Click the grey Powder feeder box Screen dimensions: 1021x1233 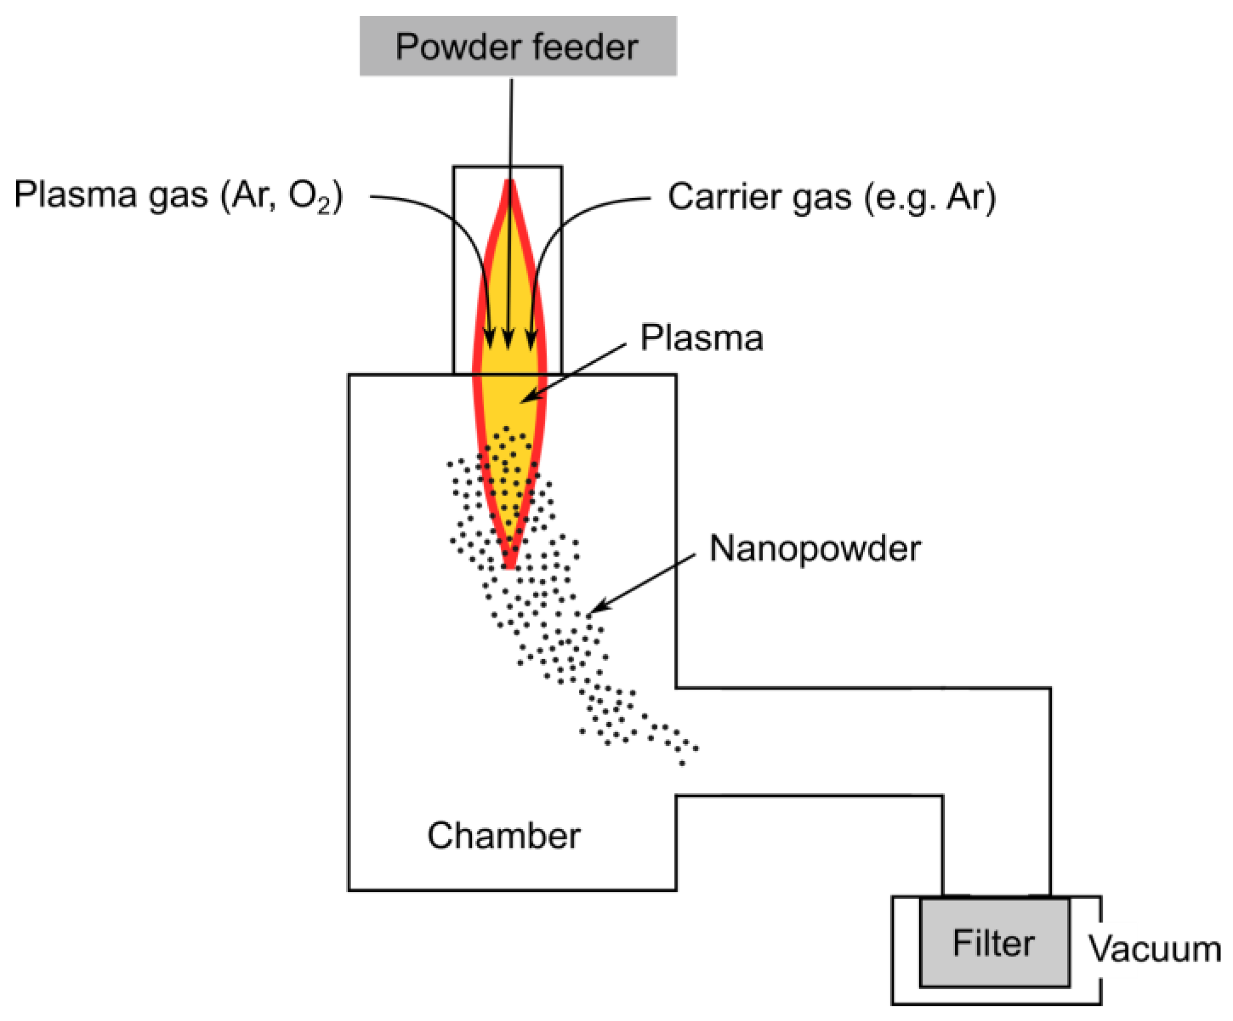518,46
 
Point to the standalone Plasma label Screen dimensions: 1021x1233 702,338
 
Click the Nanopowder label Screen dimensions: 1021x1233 814,549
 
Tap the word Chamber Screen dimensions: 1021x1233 504,836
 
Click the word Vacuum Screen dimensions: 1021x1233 1154,950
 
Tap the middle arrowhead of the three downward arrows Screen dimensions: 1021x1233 509,340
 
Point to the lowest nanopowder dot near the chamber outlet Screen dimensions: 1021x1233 682,763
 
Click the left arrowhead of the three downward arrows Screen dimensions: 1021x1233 490,340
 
